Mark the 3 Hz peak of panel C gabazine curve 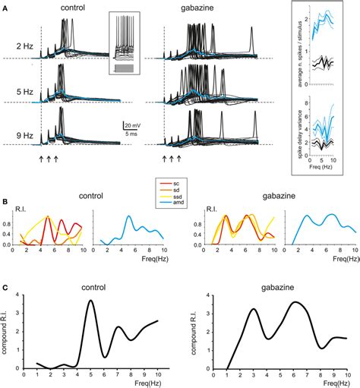(254, 309)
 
